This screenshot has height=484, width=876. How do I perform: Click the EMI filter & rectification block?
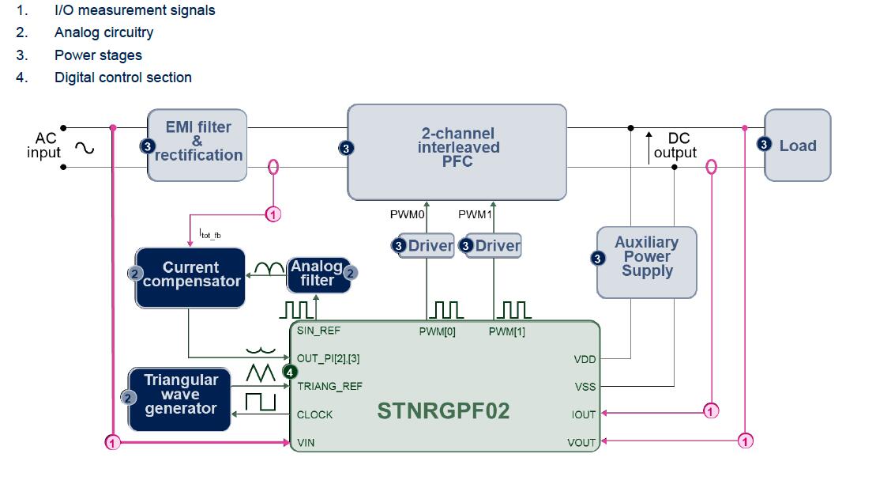197,146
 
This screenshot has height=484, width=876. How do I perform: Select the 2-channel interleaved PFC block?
457,152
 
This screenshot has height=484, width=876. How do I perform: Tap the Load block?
798,146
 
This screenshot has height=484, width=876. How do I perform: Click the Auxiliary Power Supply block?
647,262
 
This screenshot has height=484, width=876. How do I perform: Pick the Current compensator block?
190,276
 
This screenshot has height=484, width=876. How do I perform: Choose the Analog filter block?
318,274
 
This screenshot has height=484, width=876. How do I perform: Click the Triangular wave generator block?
180,398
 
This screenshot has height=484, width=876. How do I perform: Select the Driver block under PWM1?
494,246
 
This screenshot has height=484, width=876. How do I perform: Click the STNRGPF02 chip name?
443,411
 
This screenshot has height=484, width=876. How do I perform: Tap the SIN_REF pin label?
319,330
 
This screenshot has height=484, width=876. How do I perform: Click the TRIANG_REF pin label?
329,387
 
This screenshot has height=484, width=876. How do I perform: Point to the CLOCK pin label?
314,414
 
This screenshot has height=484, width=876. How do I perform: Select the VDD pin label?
585,359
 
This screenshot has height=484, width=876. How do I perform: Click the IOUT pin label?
583,414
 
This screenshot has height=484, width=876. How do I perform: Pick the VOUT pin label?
581,442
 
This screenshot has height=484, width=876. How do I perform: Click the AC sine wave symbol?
83,147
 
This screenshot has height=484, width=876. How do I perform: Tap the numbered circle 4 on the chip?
290,372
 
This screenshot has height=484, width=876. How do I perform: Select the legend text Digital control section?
123,78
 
